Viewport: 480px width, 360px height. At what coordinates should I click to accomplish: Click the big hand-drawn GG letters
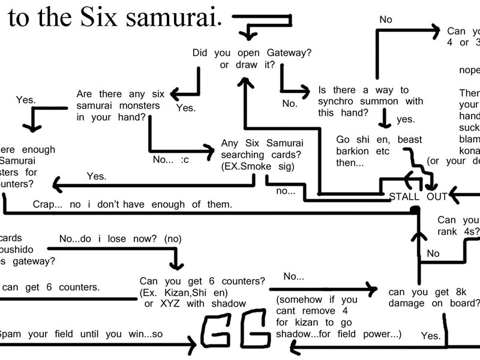(235, 329)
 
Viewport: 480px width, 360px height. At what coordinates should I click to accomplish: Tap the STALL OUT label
(418, 196)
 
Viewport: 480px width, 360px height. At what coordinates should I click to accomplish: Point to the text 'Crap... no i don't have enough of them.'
(132, 205)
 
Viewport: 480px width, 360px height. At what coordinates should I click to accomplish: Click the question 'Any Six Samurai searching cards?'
(262, 155)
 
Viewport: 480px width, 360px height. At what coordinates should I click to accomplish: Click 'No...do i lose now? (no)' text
(120, 239)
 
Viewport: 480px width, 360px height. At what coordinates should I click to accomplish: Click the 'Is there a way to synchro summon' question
(370, 101)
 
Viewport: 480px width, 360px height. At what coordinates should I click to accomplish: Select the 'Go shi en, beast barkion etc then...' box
(379, 151)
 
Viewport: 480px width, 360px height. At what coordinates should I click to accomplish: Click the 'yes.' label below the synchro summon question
(406, 119)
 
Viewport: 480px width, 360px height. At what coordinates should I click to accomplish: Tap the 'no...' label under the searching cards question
(286, 191)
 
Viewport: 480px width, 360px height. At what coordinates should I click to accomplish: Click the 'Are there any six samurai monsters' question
(118, 106)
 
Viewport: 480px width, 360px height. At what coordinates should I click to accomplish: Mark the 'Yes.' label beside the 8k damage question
(430, 335)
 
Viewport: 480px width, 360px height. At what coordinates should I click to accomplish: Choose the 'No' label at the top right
(386, 20)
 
